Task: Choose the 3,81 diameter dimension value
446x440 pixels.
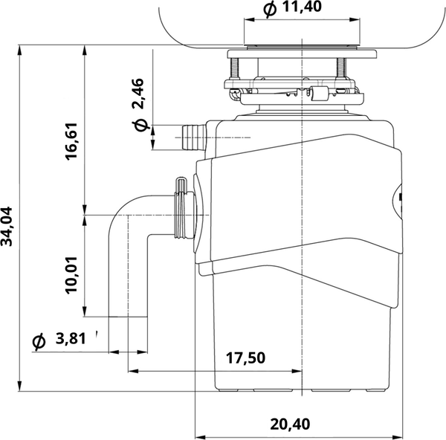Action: point(71,340)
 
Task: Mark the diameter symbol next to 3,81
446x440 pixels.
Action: point(39,341)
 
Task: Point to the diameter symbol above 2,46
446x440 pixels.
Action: point(138,126)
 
